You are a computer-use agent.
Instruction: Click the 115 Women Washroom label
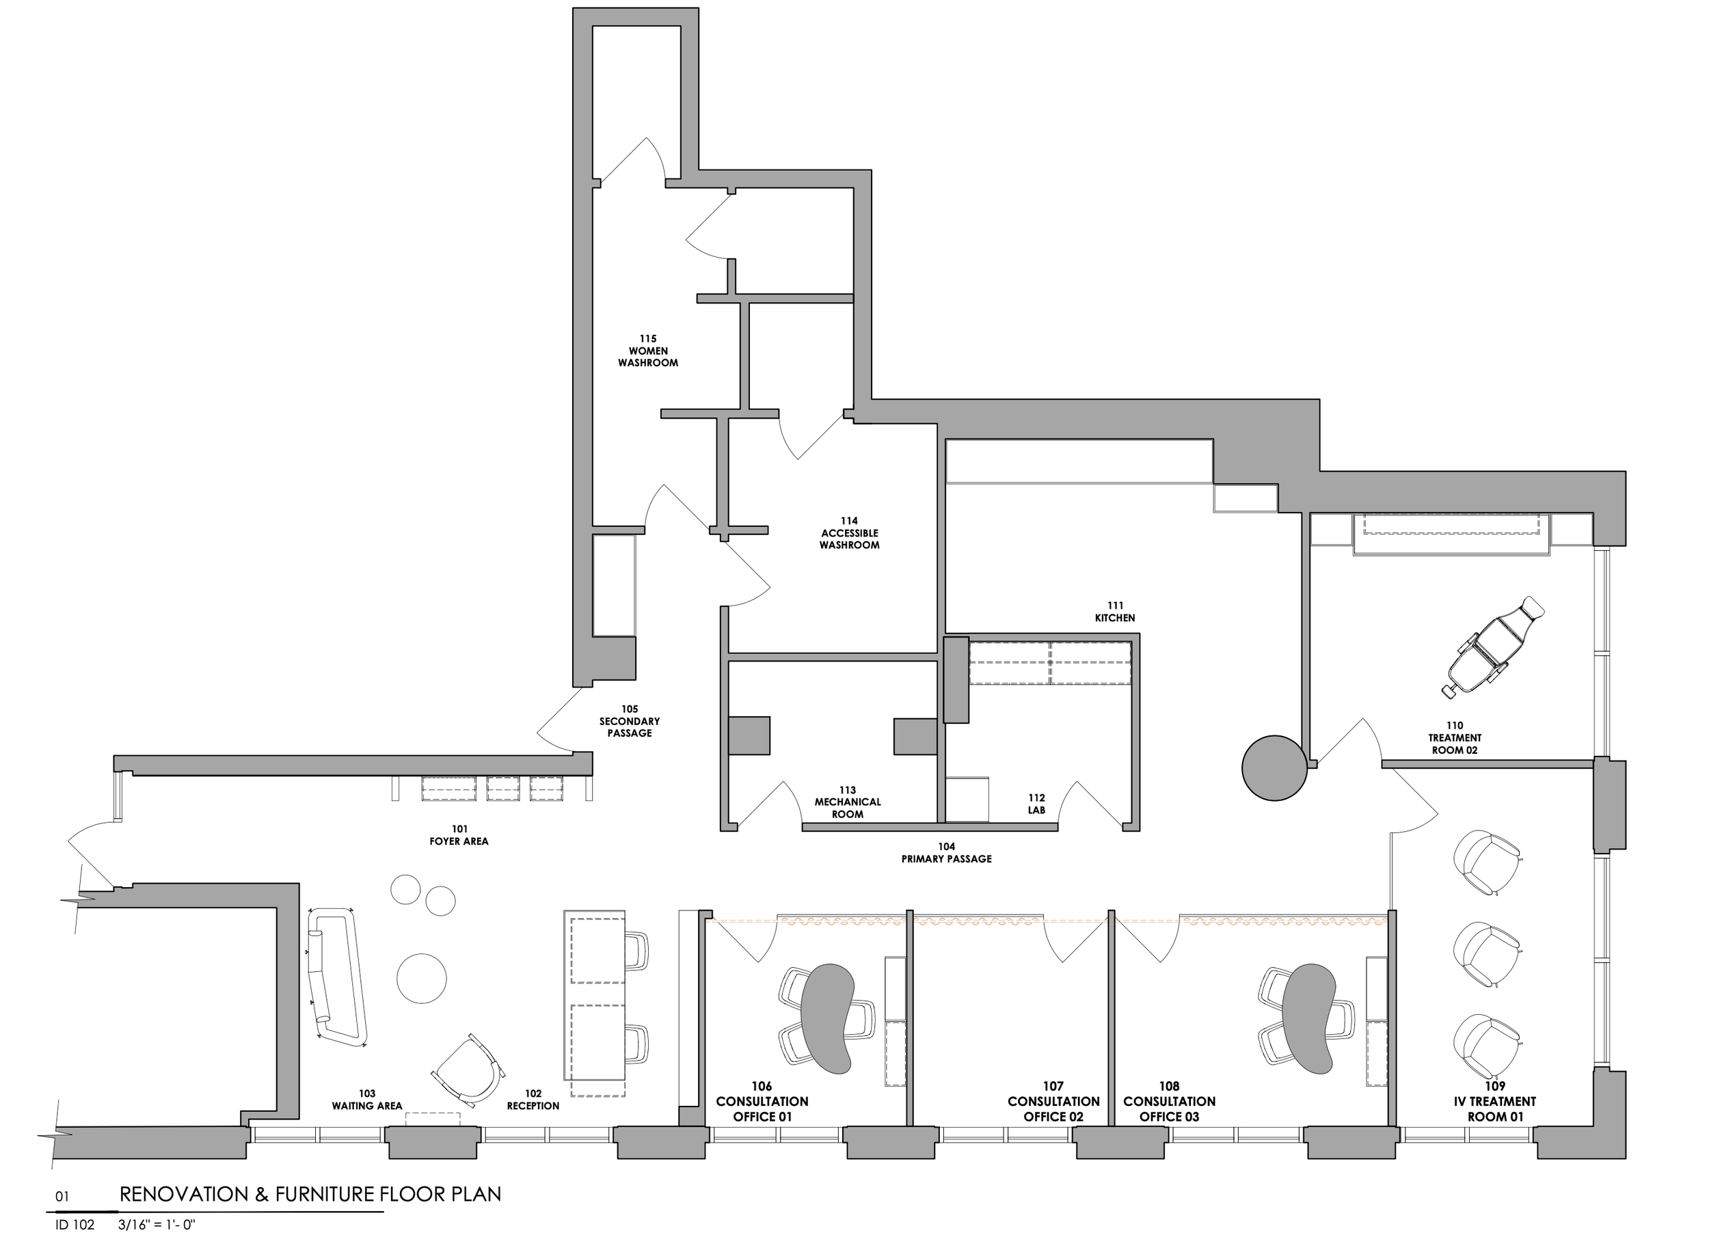click(648, 351)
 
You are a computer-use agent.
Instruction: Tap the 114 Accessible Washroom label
click(849, 532)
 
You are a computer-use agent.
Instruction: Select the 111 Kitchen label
click(1115, 612)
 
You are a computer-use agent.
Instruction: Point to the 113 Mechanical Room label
click(848, 802)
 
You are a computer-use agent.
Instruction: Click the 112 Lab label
click(1037, 804)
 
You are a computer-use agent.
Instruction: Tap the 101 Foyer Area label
click(459, 834)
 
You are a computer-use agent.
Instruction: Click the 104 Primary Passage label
click(946, 853)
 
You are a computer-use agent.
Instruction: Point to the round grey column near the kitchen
click(1274, 767)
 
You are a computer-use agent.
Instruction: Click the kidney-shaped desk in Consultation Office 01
click(827, 1018)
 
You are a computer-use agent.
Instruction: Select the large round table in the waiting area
click(421, 978)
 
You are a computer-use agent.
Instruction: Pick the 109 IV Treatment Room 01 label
click(1495, 1102)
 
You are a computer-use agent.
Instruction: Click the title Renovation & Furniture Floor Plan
click(310, 1194)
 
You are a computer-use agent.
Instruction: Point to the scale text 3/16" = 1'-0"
click(157, 1225)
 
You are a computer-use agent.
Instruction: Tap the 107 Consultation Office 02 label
click(1053, 1102)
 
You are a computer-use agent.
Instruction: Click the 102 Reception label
click(533, 1100)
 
